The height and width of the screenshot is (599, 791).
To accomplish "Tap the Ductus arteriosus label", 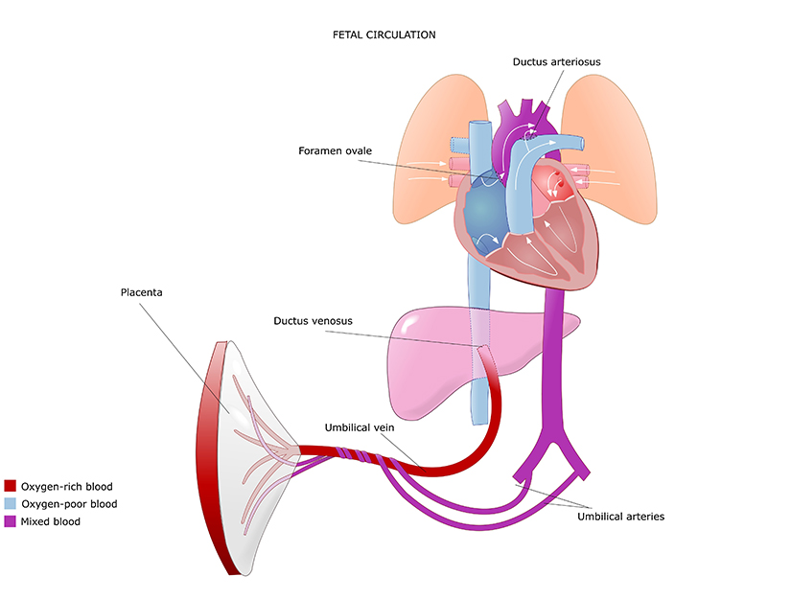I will click(556, 62).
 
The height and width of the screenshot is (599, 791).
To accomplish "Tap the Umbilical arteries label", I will click(620, 517).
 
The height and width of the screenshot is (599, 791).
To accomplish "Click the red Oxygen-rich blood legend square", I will click(11, 487).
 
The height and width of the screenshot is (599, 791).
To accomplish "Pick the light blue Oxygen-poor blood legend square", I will click(11, 504).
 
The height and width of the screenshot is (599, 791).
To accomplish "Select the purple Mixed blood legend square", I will click(11, 521).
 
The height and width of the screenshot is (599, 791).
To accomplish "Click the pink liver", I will click(431, 355).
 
